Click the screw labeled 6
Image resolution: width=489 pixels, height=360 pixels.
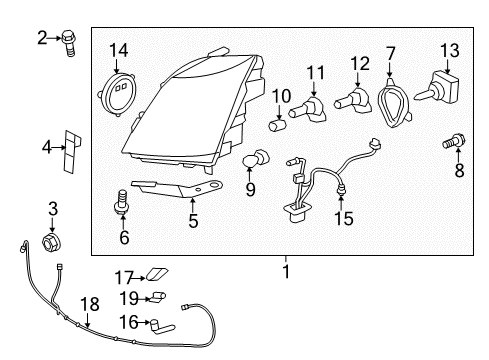tap(124, 204)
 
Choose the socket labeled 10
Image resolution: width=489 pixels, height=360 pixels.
tap(280, 125)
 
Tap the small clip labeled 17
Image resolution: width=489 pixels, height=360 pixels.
tap(157, 274)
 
